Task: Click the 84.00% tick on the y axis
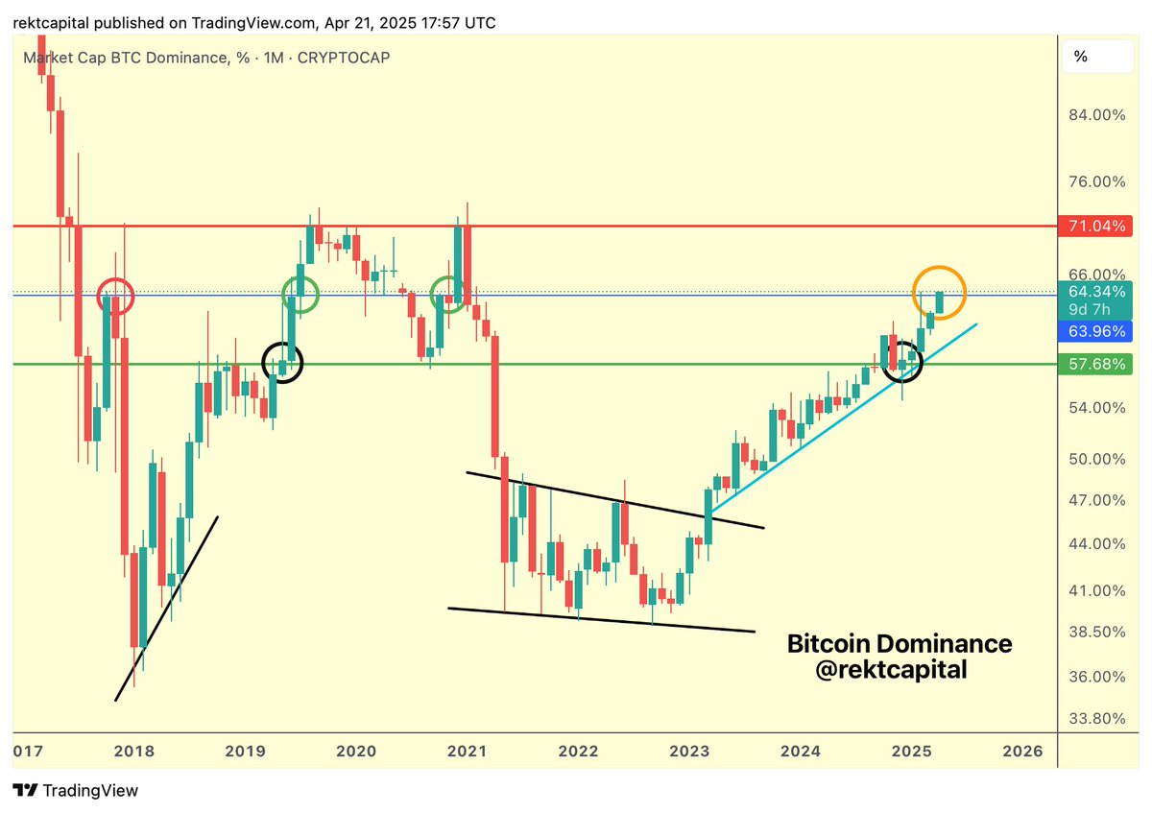pyautogui.click(x=1094, y=115)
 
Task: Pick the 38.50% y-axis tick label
pyautogui.click(x=1094, y=632)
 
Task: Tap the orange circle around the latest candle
pyautogui.click(x=939, y=292)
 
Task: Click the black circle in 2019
pyautogui.click(x=282, y=362)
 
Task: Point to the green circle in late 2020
pyautogui.click(x=449, y=294)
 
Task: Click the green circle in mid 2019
pyautogui.click(x=300, y=294)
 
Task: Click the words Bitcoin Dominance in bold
pyautogui.click(x=900, y=643)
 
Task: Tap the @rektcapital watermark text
pyautogui.click(x=891, y=671)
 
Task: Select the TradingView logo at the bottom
pyautogui.click(x=76, y=791)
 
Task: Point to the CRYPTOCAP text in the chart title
pyautogui.click(x=344, y=58)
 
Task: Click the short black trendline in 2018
pyautogui.click(x=166, y=609)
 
